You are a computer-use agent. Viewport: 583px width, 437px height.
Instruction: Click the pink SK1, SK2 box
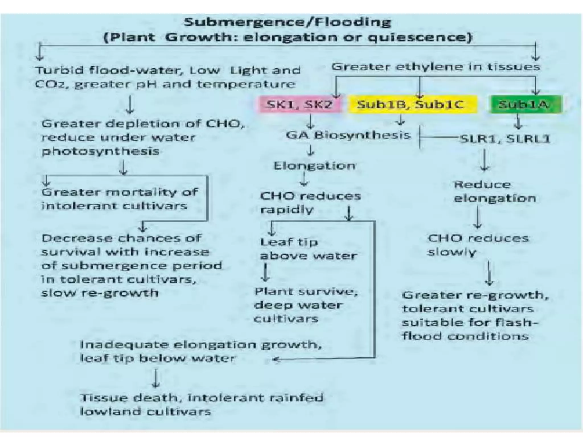click(299, 105)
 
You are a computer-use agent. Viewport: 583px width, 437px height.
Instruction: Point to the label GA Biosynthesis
click(348, 135)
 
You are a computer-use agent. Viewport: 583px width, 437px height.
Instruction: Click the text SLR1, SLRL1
click(504, 139)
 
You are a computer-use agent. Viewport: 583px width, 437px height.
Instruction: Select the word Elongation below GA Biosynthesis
click(314, 166)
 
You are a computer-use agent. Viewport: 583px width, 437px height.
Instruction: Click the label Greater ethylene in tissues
click(436, 67)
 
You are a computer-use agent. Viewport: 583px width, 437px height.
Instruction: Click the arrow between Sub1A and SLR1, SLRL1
click(518, 122)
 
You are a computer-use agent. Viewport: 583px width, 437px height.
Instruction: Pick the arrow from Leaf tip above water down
click(266, 273)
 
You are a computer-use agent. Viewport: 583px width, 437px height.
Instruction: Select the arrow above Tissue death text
click(155, 378)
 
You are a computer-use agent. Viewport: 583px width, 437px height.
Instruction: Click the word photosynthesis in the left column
click(100, 151)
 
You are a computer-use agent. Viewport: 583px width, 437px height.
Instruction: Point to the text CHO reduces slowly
click(478, 245)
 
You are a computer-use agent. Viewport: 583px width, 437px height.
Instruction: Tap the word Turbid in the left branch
click(60, 70)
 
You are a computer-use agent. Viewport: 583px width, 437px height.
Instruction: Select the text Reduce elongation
click(495, 191)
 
